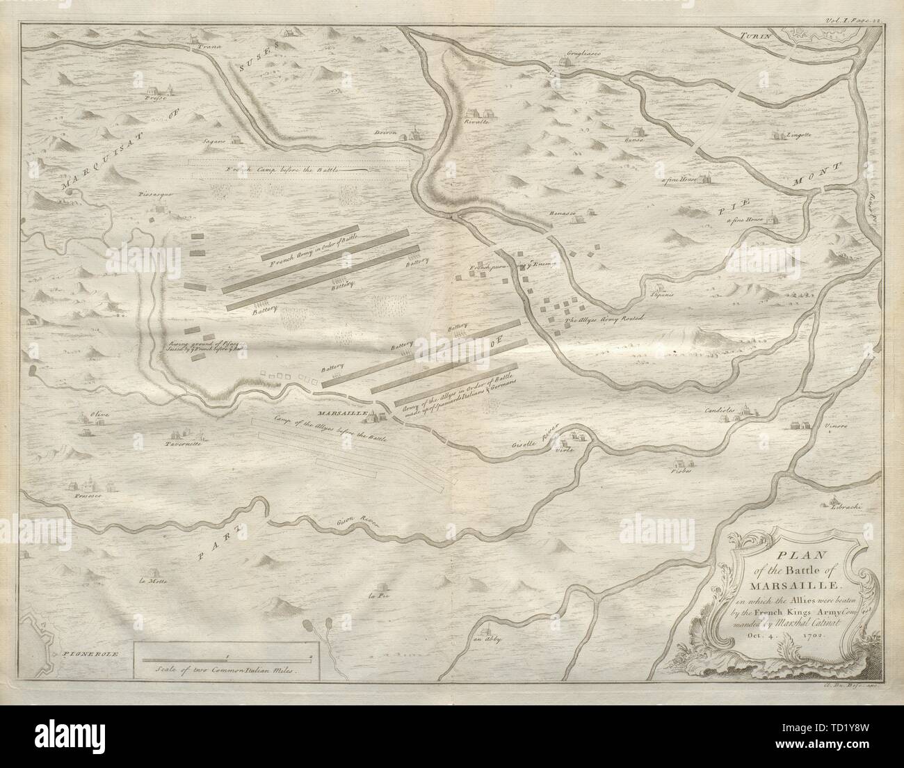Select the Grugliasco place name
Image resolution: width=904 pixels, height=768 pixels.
pyautogui.click(x=564, y=52)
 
